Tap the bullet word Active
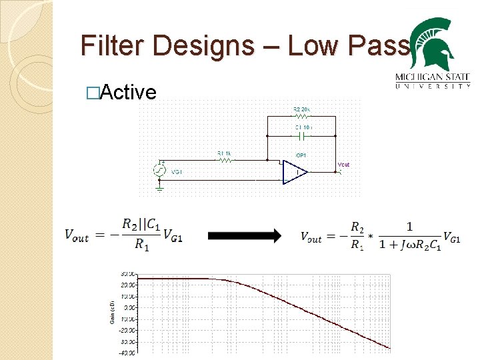click(x=127, y=92)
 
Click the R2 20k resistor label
click(x=302, y=109)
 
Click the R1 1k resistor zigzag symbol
click(x=225, y=160)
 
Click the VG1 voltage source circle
click(x=160, y=170)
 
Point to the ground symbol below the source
click(x=160, y=188)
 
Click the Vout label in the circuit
click(x=343, y=165)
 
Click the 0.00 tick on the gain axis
click(x=127, y=307)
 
